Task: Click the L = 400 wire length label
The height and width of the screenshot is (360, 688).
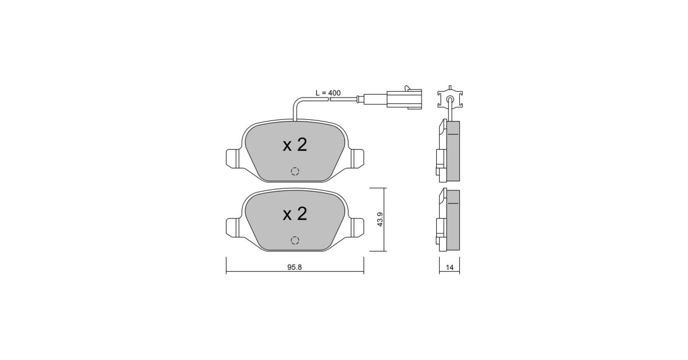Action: click(x=328, y=93)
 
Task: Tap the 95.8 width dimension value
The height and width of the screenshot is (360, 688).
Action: click(x=295, y=268)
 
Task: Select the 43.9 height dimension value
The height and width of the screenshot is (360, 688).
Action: click(x=380, y=220)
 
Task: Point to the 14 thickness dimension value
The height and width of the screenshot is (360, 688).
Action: click(x=449, y=268)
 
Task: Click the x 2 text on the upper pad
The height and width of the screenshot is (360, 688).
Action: click(x=295, y=145)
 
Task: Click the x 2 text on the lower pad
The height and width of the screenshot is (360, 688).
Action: click(x=295, y=214)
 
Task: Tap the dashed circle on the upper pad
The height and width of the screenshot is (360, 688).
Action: click(x=295, y=171)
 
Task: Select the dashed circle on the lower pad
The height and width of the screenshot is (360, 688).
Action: click(x=295, y=240)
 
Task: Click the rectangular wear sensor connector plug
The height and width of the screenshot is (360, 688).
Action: click(x=404, y=98)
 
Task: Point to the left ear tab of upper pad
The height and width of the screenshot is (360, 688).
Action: click(x=233, y=158)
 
